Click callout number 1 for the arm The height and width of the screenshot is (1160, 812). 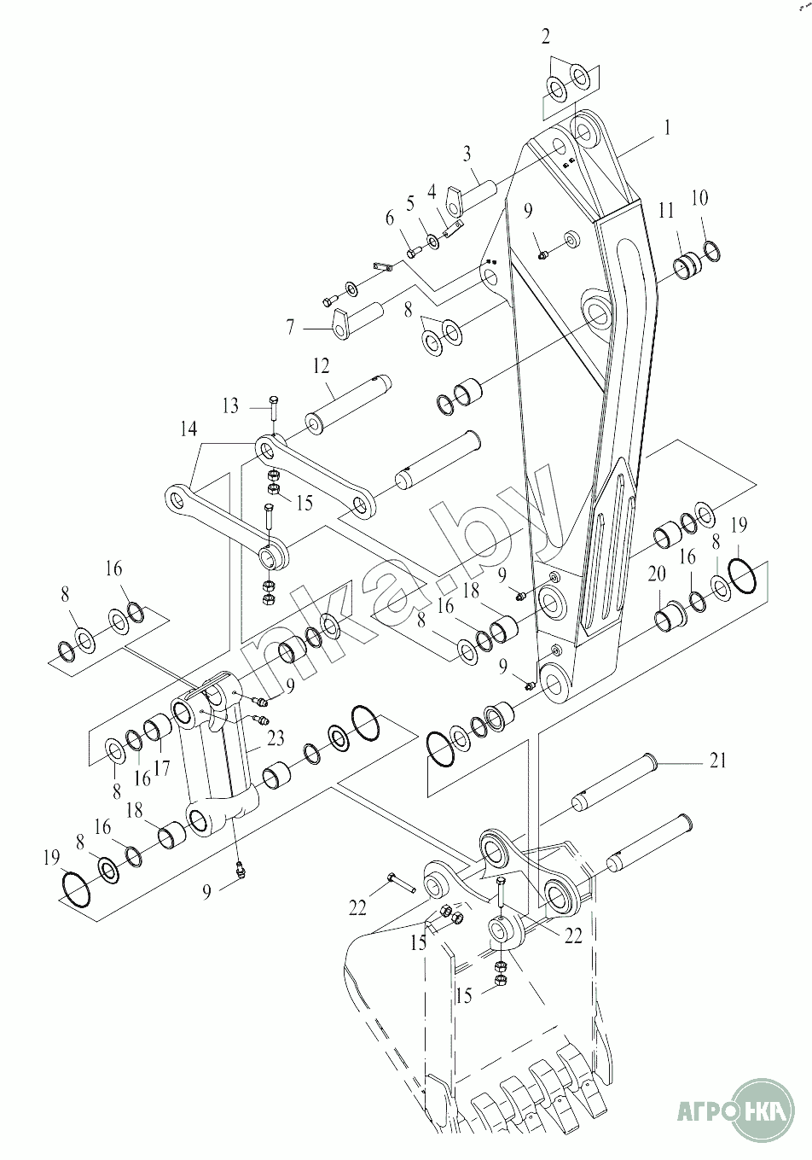pyautogui.click(x=667, y=127)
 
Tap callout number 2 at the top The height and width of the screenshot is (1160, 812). pyautogui.click(x=546, y=37)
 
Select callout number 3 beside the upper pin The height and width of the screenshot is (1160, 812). pyautogui.click(x=467, y=154)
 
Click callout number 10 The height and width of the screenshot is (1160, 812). pyautogui.click(x=699, y=198)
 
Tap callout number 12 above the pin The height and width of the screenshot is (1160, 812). pyautogui.click(x=321, y=366)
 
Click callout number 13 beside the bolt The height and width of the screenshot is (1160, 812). pyautogui.click(x=231, y=406)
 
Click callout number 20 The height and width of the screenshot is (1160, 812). pyautogui.click(x=657, y=574)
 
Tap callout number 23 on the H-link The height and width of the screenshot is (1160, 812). pyautogui.click(x=275, y=738)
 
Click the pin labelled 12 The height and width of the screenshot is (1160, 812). pyautogui.click(x=349, y=405)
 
